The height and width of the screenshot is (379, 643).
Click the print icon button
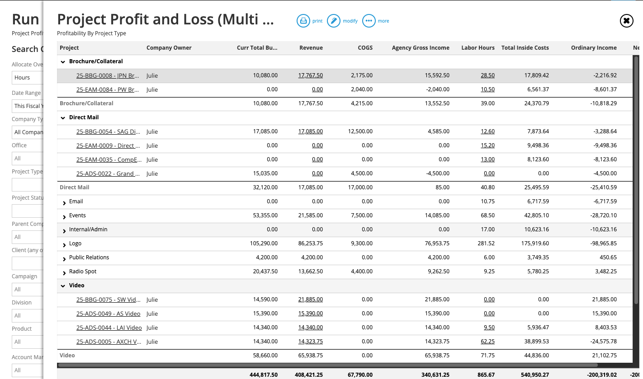coord(303,21)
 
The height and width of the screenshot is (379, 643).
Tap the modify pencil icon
coord(333,21)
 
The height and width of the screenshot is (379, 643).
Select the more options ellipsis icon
coord(369,21)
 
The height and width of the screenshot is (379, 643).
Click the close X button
coord(626,21)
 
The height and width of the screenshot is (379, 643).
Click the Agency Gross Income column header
coord(421,48)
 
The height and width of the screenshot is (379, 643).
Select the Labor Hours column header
coord(478,48)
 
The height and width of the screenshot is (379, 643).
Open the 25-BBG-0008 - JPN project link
coord(108,76)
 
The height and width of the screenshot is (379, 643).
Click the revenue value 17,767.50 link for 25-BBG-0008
coord(311,76)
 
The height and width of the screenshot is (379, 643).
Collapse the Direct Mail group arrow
coord(63,118)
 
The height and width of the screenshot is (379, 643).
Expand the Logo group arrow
coord(64,244)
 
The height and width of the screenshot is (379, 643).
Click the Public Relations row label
coord(89,257)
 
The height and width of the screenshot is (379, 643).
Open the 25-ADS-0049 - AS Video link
coord(108,314)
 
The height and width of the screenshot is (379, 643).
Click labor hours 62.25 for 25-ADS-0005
coord(488,342)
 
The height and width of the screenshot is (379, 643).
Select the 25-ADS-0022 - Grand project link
coord(108,174)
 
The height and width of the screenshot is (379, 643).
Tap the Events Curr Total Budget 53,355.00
coord(263,215)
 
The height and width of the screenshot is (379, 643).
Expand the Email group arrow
coord(64,202)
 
